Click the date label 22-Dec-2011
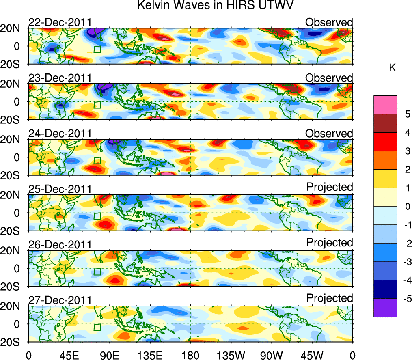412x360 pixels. pyautogui.click(x=60, y=22)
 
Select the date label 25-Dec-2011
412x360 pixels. pyautogui.click(x=60, y=189)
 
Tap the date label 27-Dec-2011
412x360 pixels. pyautogui.click(x=60, y=300)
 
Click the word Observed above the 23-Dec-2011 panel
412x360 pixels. pyautogui.click(x=329, y=78)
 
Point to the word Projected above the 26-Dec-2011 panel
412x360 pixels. pyautogui.click(x=330, y=243)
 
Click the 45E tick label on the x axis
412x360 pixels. pyautogui.click(x=69, y=355)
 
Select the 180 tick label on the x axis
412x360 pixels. pyautogui.click(x=190, y=355)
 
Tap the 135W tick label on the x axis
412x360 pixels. pyautogui.click(x=231, y=355)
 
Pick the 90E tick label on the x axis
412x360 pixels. pyautogui.click(x=110, y=355)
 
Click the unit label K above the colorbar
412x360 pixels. pyautogui.click(x=393, y=68)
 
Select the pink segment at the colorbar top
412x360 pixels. pyautogui.click(x=385, y=105)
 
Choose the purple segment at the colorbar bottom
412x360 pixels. pyautogui.click(x=385, y=308)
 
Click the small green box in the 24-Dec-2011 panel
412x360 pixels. pyautogui.click(x=97, y=161)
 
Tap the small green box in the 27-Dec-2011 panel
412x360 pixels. pyautogui.click(x=97, y=328)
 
